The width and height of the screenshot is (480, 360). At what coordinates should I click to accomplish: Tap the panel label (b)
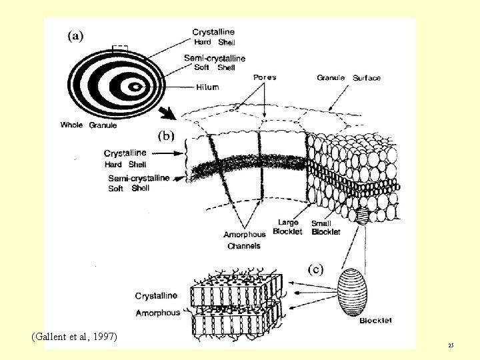pos(166,135)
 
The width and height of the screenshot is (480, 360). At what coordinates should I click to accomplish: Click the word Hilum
pos(207,87)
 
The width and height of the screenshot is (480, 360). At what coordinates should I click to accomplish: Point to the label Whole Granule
pos(88,125)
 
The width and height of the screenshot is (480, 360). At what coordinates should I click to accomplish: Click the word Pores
pos(264,77)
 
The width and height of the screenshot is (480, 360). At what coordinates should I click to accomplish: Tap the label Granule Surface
pos(349,78)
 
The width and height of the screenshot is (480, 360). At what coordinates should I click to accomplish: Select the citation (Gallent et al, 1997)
pos(74,337)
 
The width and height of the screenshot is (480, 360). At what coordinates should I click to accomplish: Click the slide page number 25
pos(451,345)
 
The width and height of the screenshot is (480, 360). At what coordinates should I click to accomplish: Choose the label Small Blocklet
pos(326,227)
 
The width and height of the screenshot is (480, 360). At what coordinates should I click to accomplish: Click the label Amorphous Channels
pos(244,240)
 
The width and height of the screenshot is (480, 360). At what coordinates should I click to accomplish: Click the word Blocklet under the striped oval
pos(375,321)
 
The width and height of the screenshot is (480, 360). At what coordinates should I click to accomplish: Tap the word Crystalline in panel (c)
pos(156,295)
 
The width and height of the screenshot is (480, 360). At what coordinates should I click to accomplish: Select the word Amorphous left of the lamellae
pos(157,313)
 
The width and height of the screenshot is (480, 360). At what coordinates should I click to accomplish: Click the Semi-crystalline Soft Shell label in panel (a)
pos(215,63)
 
